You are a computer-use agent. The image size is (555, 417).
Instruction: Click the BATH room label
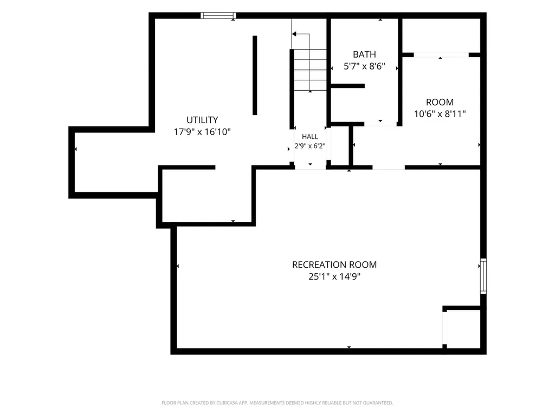click(364, 54)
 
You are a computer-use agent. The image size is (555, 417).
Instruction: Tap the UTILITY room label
click(202, 120)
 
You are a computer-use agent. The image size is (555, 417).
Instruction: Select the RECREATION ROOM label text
click(334, 264)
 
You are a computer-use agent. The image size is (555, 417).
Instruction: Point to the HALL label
click(309, 136)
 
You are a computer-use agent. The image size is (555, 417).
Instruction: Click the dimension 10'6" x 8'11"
click(440, 114)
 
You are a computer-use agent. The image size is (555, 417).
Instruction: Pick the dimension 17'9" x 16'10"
click(202, 132)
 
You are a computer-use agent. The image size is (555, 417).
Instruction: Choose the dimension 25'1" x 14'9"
click(334, 276)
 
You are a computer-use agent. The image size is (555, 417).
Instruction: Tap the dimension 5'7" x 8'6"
click(364, 66)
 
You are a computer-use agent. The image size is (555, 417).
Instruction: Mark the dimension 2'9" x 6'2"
click(309, 146)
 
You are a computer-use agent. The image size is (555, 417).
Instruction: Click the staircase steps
click(310, 70)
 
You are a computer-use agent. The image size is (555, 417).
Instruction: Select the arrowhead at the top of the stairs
click(294, 34)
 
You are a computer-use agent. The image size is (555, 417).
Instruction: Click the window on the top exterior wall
click(218, 15)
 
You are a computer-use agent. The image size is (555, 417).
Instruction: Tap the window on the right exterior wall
click(483, 276)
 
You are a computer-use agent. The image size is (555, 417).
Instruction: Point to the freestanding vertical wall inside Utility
click(255, 75)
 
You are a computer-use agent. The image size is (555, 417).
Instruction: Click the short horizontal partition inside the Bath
click(347, 86)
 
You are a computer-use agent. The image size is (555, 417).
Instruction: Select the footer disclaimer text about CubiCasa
click(277, 403)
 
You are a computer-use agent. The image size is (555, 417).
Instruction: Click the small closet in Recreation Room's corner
click(463, 328)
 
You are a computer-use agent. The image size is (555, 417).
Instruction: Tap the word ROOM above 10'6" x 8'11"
click(440, 102)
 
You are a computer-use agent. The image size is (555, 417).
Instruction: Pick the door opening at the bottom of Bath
click(380, 124)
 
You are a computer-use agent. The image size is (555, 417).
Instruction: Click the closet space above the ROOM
click(441, 35)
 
